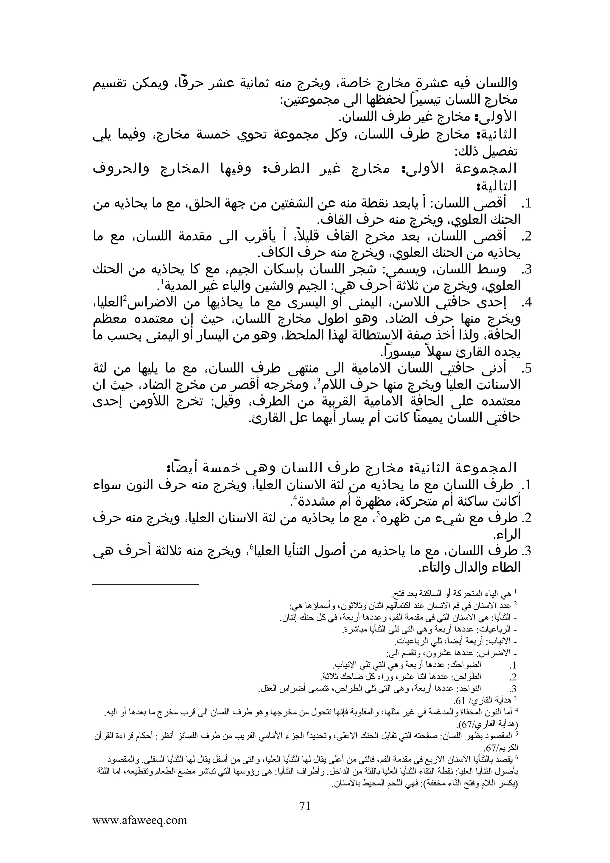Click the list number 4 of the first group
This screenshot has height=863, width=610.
[528, 303]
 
